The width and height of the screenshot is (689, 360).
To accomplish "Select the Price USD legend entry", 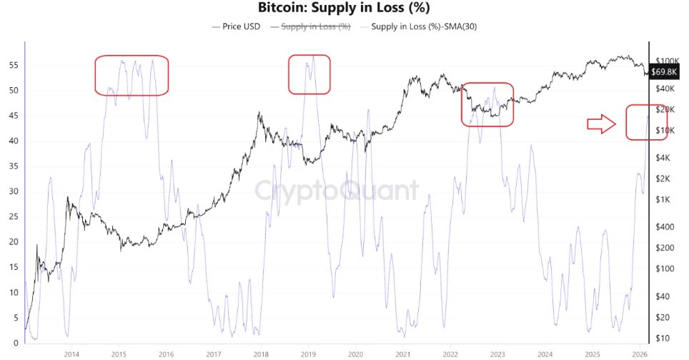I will point(239,26).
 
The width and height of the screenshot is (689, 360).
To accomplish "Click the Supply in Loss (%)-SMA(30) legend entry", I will point(420,26).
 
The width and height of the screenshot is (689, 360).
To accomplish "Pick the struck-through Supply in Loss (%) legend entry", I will point(311,26).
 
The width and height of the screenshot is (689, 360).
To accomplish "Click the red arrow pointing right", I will point(601,124).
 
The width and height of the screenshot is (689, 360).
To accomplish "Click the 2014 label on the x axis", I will point(71,353).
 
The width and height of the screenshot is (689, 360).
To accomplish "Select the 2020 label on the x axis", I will point(355,353).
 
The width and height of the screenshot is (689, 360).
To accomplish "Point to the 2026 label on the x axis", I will point(640,353).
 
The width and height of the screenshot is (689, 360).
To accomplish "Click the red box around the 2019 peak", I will point(309,74).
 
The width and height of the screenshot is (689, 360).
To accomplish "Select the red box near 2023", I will point(487,104).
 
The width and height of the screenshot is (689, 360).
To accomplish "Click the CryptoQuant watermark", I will point(337,191).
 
